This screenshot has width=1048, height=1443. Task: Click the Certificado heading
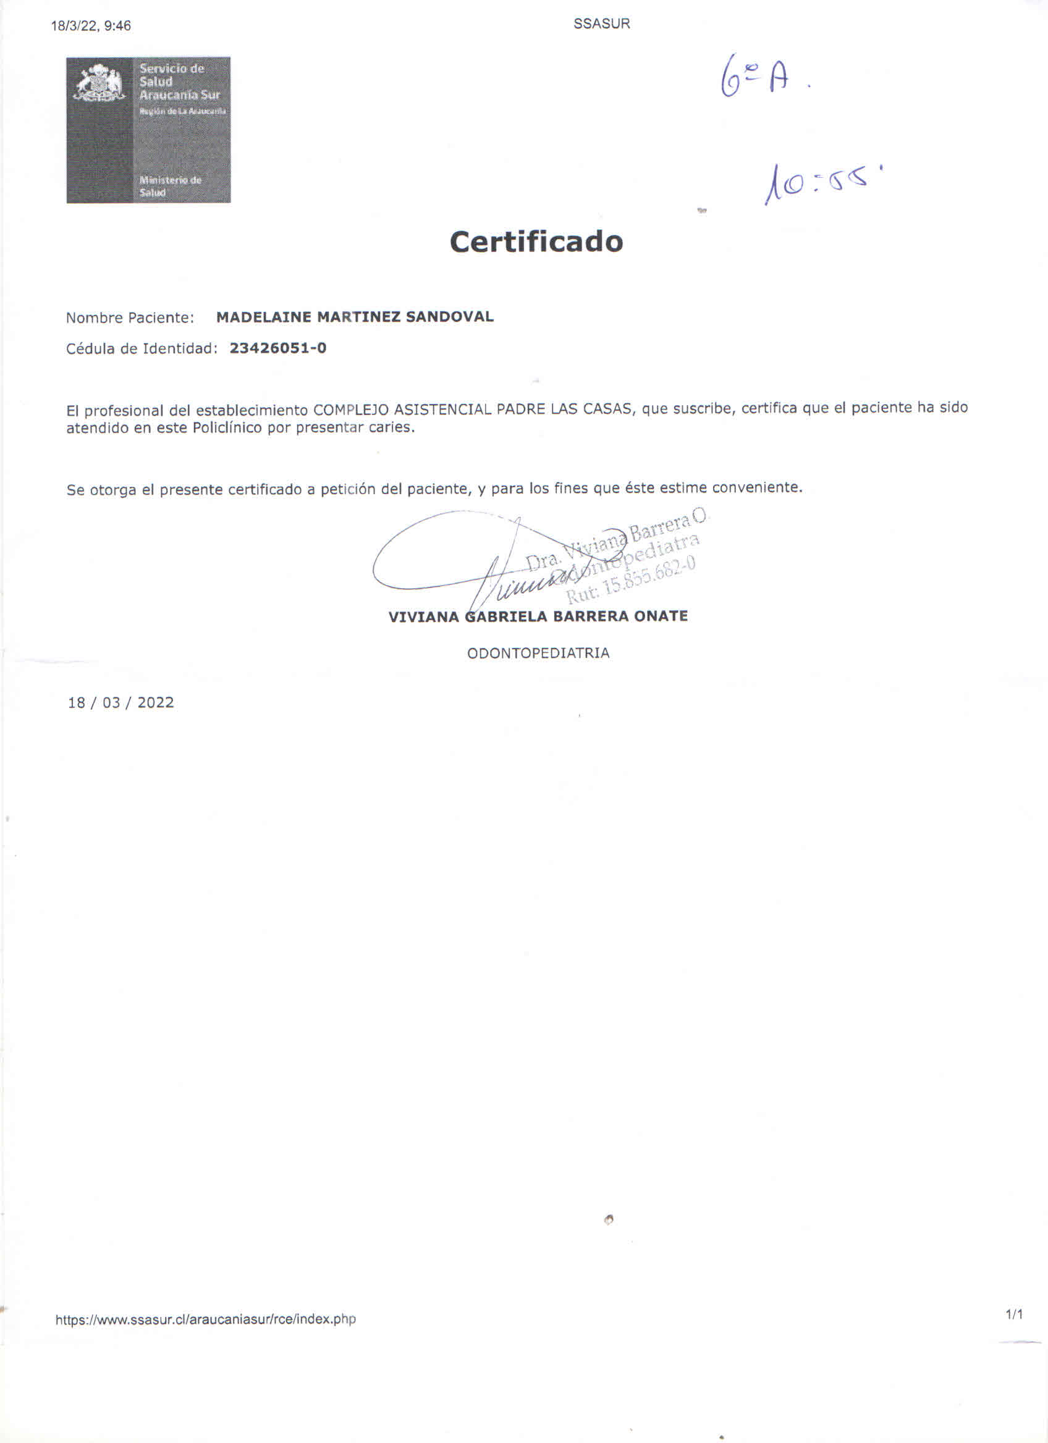coord(536,242)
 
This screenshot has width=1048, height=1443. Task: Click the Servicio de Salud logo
coord(148,130)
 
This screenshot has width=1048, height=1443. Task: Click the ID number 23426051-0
coord(277,348)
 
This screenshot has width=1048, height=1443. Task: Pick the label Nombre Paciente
coord(130,318)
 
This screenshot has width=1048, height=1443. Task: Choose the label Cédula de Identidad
coord(142,348)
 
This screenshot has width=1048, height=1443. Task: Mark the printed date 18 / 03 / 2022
coord(121,702)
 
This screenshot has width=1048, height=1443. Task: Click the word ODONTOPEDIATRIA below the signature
coord(538,654)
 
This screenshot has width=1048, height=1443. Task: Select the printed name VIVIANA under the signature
coord(423,617)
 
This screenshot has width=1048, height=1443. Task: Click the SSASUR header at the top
coord(601,24)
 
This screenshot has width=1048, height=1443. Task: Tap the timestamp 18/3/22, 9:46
coord(91,26)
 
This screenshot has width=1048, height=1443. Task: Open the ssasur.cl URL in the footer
coord(206,1319)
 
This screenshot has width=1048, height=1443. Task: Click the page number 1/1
coord(1013,1315)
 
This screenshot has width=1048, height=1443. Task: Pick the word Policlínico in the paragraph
coord(227,427)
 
